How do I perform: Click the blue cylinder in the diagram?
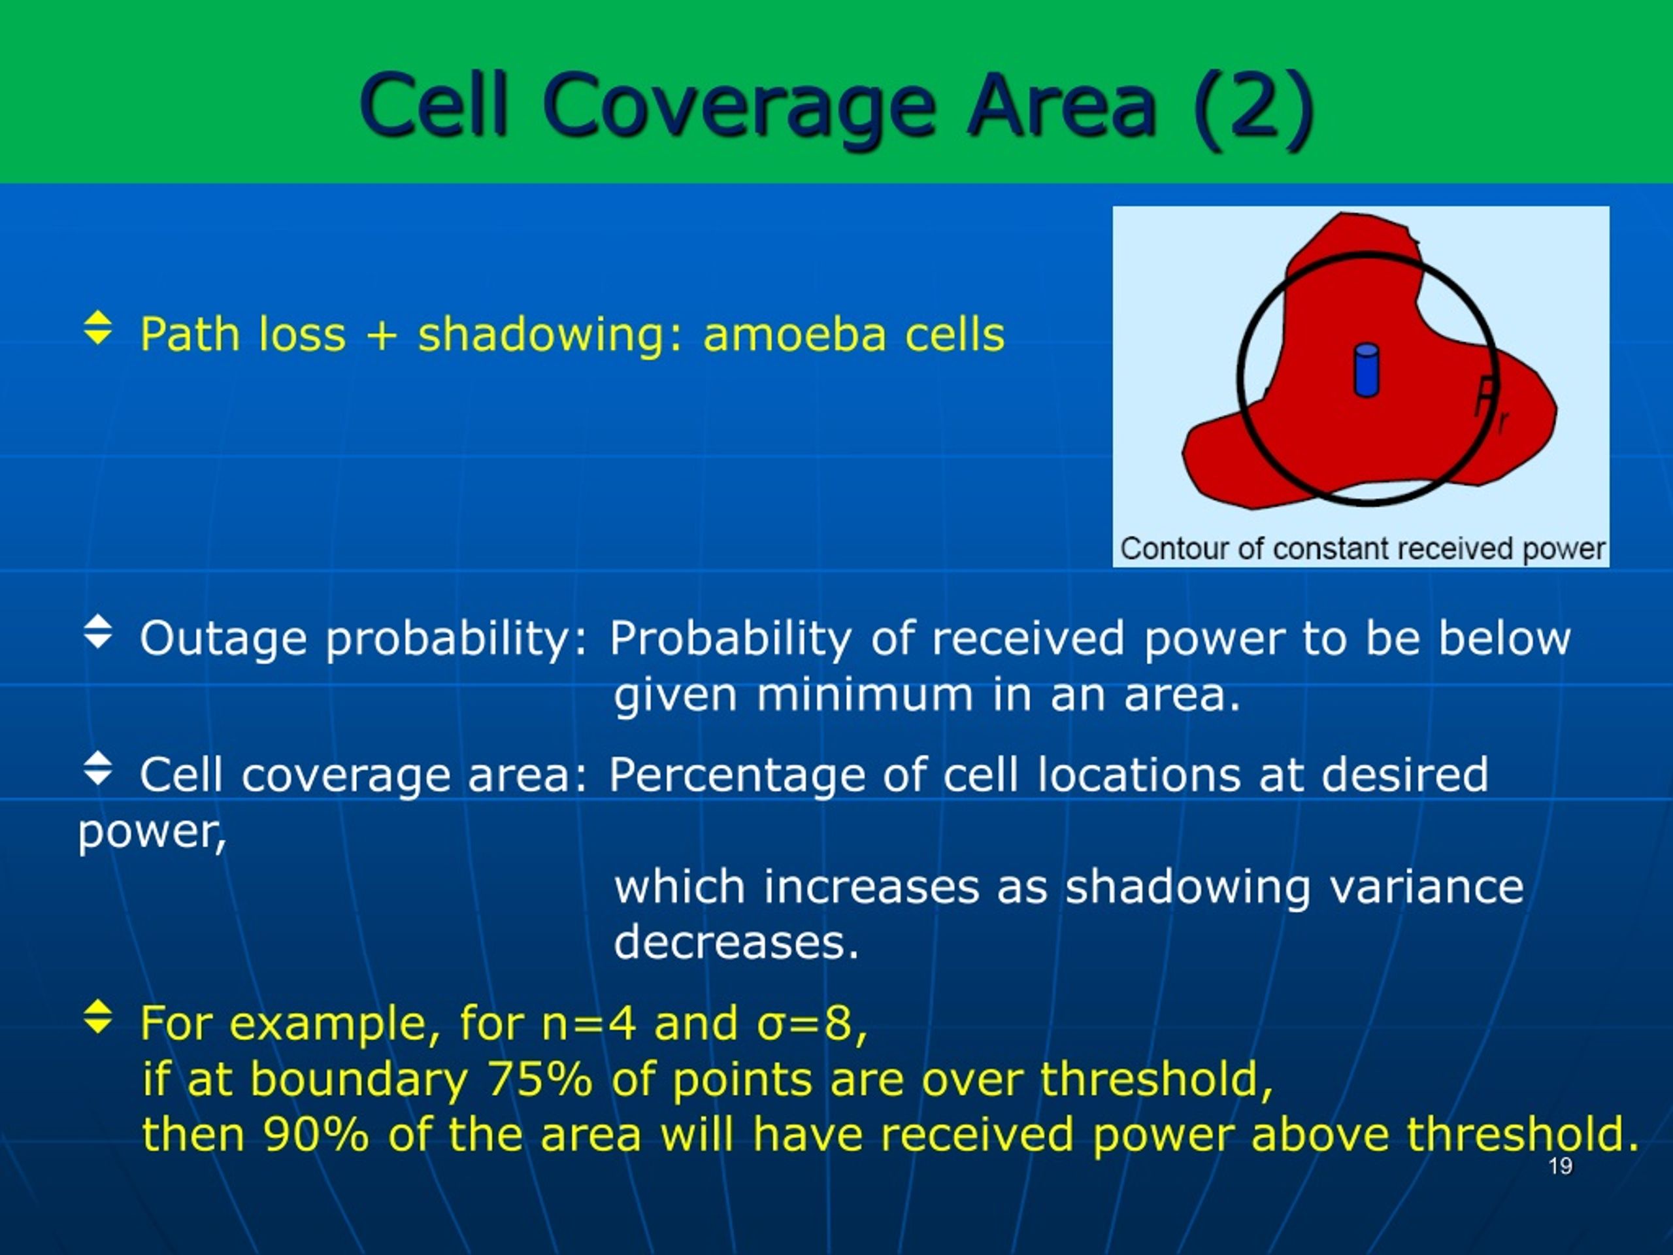coord(1366,370)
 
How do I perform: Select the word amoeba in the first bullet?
coord(794,335)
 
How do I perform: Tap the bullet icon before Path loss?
coord(98,327)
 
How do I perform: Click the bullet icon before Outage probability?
coord(98,631)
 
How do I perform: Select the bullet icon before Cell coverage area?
coord(98,768)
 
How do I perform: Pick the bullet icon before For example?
coord(98,1016)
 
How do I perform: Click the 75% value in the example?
coord(539,1078)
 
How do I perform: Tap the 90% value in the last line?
coord(316,1134)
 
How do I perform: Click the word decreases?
coord(736,943)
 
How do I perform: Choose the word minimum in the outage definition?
coord(865,694)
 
